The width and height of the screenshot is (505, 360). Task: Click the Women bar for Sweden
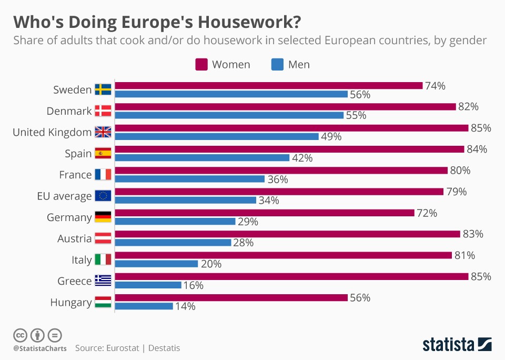point(268,85)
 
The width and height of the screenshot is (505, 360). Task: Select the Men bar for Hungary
point(144,306)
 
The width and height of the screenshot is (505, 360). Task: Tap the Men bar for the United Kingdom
point(217,136)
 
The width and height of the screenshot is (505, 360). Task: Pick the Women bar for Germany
point(264,213)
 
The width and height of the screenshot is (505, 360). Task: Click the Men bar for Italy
point(156,264)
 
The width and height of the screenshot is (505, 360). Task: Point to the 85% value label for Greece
point(481,276)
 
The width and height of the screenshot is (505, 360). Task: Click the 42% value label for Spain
point(302,158)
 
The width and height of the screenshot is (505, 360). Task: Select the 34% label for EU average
point(268,200)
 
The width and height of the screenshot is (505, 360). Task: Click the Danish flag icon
point(103,111)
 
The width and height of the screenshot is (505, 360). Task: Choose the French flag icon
point(103,175)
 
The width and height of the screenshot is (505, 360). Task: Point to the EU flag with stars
point(103,196)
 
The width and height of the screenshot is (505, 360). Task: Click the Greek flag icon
point(103,281)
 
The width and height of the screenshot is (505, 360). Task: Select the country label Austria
point(75,238)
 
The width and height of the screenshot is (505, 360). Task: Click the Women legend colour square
point(201,65)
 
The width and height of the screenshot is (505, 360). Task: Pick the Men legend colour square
point(277,65)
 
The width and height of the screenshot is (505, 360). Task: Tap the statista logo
point(457,345)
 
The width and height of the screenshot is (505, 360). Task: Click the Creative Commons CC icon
point(20,335)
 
